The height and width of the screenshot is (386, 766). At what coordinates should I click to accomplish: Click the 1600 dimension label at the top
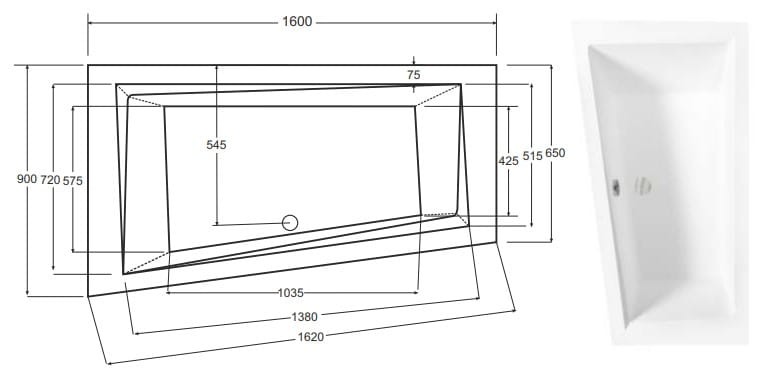[x=297, y=22]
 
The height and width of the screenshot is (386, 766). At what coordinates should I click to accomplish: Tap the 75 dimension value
[x=413, y=75]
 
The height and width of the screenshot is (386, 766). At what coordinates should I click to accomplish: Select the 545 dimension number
[x=216, y=145]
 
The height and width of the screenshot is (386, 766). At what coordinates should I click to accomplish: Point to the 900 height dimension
[x=27, y=179]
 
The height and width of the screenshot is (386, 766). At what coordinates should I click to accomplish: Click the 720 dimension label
[x=50, y=180]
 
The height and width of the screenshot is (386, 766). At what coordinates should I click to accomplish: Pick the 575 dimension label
[x=72, y=181]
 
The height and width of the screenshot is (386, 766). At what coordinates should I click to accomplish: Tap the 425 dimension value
[x=508, y=160]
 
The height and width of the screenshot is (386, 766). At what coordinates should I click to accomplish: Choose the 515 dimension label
[x=532, y=155]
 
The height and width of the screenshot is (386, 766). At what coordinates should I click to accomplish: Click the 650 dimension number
[x=555, y=153]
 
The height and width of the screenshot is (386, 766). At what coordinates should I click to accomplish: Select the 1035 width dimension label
[x=291, y=293]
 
